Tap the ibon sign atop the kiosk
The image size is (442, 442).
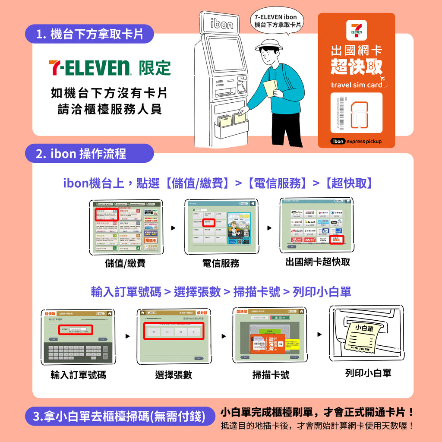(221, 24)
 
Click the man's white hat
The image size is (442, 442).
(267, 43)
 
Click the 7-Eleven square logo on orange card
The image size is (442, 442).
(356, 30)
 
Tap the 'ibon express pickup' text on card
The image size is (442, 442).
(356, 141)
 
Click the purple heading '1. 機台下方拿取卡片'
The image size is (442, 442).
(89, 34)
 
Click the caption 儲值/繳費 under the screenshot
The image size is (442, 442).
(125, 263)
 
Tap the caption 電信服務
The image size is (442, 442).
(221, 263)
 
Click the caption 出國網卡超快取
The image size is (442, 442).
(318, 262)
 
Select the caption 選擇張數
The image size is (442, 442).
(174, 375)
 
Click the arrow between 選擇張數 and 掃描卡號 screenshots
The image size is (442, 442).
(224, 336)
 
